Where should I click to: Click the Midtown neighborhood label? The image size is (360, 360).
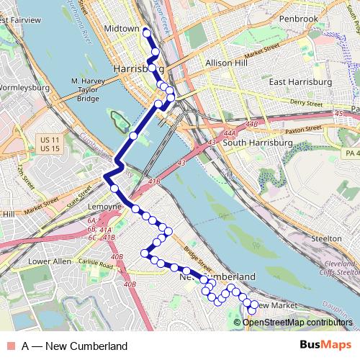(x=122, y=29)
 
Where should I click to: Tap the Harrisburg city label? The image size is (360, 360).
(x=137, y=68)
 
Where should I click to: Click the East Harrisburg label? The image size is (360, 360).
(x=300, y=82)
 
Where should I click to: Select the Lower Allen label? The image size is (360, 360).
(x=48, y=261)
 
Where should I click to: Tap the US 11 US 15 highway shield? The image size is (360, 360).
(x=49, y=143)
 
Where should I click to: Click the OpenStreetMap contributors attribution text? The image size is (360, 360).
(x=297, y=323)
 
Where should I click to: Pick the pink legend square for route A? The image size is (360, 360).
(x=10, y=346)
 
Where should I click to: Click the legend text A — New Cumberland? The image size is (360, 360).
(x=74, y=346)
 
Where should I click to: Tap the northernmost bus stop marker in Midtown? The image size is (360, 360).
(x=146, y=32)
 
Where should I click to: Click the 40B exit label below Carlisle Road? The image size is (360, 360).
(x=130, y=284)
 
